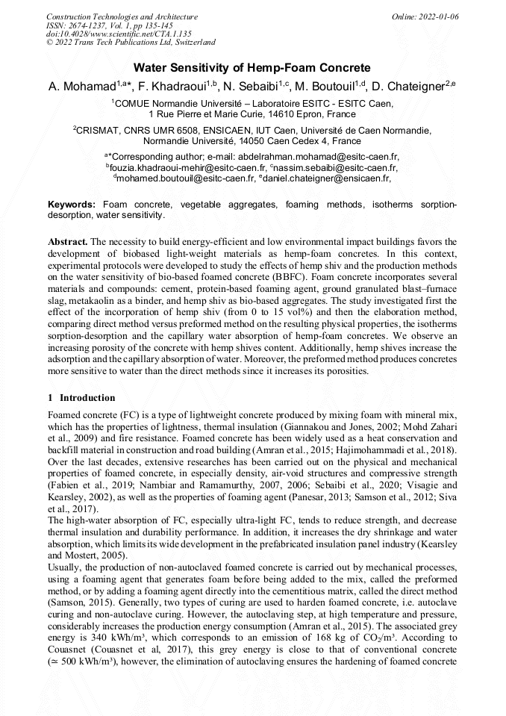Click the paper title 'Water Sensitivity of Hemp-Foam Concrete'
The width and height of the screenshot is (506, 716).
coord(252,68)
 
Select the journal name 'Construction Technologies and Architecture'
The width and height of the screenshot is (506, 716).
coord(122,16)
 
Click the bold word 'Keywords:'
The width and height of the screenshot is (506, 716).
coord(72,205)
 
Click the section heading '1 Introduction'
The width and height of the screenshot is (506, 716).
coord(81,398)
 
